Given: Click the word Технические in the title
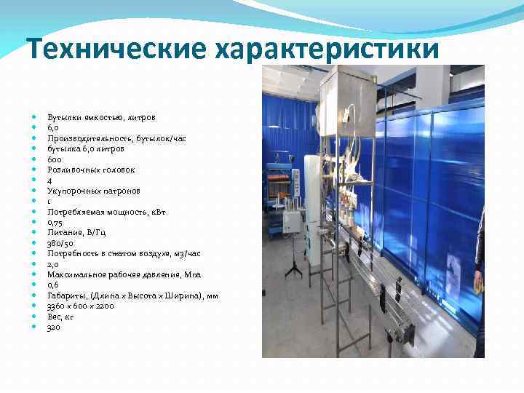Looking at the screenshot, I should tap(116, 49).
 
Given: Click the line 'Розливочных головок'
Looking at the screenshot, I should tap(91, 170).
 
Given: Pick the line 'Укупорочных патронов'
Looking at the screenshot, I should tap(94, 191).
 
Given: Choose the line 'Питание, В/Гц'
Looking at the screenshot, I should tap(77, 233).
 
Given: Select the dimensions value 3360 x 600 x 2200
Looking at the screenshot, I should tap(81, 306).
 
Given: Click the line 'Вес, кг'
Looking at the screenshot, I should tap(60, 317).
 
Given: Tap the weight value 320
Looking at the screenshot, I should tap(54, 327).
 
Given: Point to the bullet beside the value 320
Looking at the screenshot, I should tap(35, 327).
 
